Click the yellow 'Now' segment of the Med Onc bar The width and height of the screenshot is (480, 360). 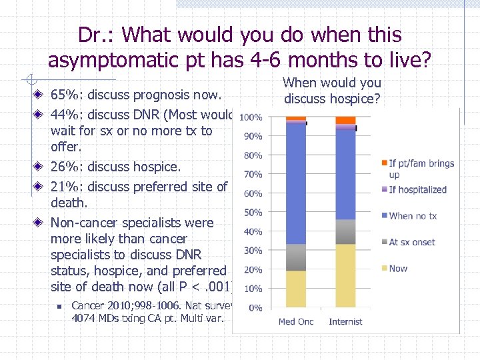click(x=295, y=289)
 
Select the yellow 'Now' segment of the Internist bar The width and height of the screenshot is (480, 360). click(x=345, y=275)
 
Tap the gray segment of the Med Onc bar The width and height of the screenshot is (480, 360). click(x=295, y=257)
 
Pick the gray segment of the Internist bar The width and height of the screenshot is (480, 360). click(x=345, y=231)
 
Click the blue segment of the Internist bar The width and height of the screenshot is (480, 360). click(x=345, y=174)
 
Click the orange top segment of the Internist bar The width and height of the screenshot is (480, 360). click(x=345, y=121)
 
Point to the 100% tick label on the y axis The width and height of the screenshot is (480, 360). click(x=250, y=117)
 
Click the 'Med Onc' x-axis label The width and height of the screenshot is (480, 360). click(x=296, y=322)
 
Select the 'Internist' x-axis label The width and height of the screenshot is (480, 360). click(x=346, y=322)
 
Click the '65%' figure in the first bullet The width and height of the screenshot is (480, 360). click(x=65, y=95)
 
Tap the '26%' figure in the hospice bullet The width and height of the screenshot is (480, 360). click(x=65, y=167)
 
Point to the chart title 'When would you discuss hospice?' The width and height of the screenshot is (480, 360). click(x=332, y=91)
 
